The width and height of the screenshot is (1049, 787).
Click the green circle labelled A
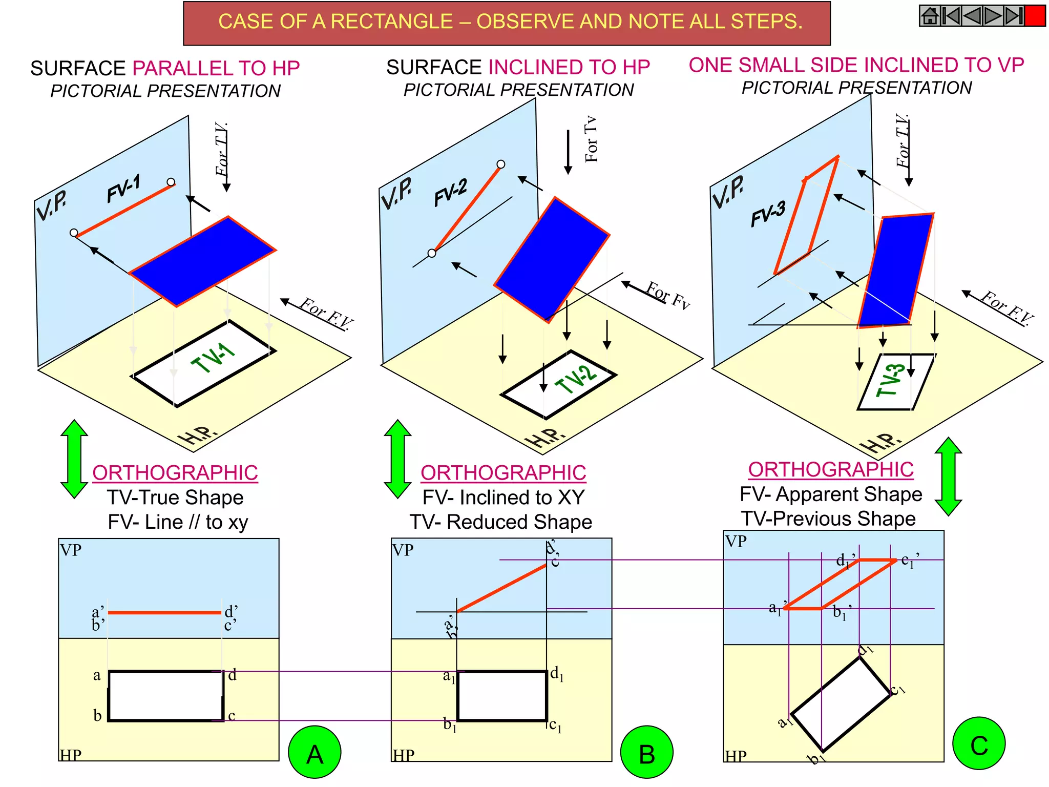[x=314, y=753]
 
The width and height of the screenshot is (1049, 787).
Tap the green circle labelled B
[x=646, y=753]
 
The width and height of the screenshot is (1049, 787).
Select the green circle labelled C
[x=979, y=744]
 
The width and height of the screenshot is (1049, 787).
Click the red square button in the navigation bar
[x=1035, y=16]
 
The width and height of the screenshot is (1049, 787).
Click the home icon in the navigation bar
[x=930, y=16]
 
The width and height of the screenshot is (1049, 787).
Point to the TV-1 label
[x=213, y=357]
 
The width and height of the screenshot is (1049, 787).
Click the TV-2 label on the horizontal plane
[x=576, y=379]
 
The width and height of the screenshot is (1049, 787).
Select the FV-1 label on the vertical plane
[x=123, y=188]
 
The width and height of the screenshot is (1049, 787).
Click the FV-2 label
[x=451, y=193]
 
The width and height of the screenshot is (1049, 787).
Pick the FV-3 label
[x=768, y=213]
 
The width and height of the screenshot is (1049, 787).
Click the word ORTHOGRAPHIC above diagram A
[x=175, y=473]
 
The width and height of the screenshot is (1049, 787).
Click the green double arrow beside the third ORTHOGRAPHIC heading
[x=948, y=476]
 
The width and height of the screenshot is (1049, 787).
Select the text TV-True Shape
[x=175, y=498]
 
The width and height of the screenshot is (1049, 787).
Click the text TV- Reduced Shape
[x=501, y=522]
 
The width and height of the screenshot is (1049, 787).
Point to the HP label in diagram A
[x=71, y=755]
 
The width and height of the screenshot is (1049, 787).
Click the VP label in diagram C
[x=736, y=542]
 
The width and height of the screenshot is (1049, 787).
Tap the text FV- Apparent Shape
[x=831, y=494]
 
